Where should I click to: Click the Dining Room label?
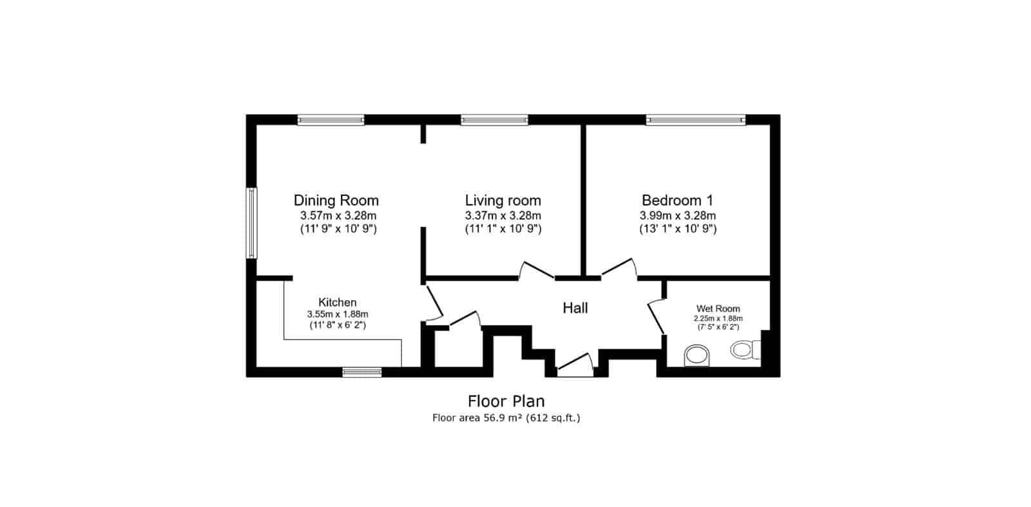336,200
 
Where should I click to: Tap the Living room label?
503,200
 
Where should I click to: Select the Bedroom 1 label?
677,200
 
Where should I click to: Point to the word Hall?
575,308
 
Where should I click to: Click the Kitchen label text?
338,302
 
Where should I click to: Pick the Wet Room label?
718,309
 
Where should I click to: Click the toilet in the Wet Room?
746,350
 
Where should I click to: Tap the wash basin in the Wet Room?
697,356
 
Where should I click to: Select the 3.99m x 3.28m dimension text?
677,215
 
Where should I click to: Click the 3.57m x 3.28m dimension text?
338,215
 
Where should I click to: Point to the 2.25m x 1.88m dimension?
718,318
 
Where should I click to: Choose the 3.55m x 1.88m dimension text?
338,314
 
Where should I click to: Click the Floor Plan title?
506,401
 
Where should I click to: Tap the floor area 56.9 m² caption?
506,418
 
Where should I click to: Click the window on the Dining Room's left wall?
251,223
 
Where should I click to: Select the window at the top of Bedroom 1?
695,120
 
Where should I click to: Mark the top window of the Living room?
494,120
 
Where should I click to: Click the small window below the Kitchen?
361,372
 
